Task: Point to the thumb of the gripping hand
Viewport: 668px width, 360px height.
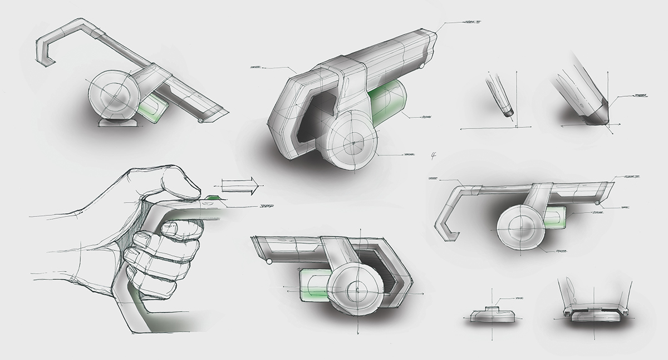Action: [173, 184]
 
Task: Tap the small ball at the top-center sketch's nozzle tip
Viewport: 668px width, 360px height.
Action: [421, 66]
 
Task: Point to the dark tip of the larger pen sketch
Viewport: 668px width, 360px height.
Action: [600, 117]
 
